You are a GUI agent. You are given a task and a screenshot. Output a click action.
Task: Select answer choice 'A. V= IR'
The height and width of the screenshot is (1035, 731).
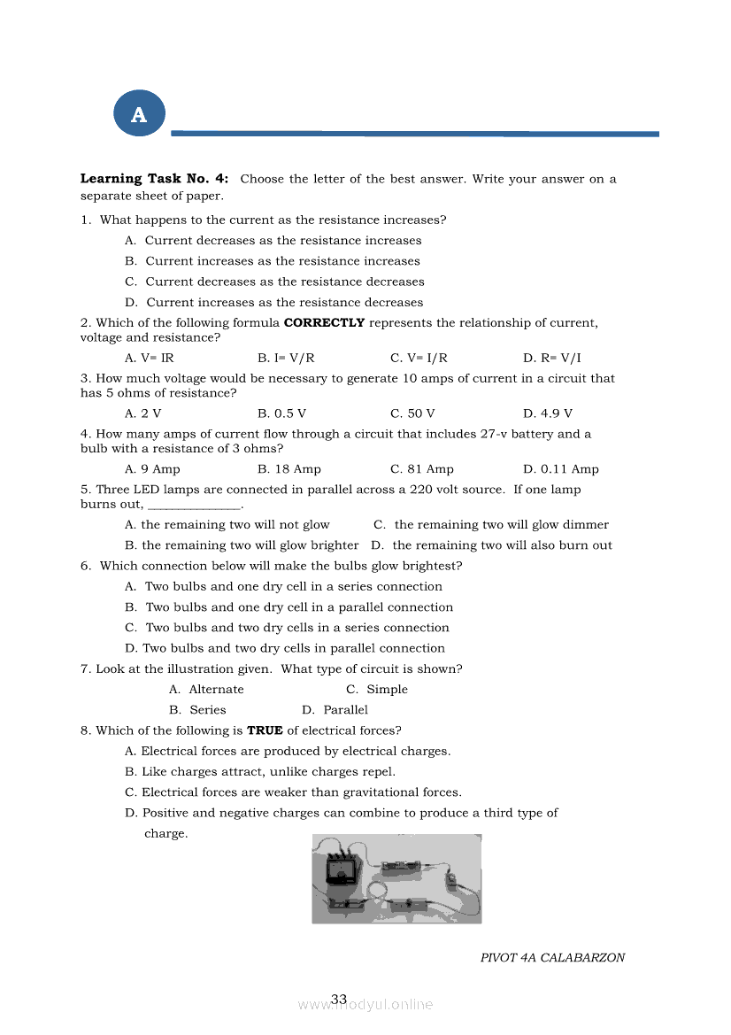[x=150, y=359]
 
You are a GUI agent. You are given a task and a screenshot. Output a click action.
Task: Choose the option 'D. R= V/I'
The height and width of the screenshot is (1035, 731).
[x=552, y=359]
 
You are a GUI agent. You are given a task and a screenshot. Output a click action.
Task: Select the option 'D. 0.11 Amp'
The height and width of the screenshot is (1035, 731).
[x=561, y=469]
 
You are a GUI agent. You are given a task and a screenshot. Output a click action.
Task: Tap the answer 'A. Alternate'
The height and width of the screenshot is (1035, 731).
[x=206, y=690]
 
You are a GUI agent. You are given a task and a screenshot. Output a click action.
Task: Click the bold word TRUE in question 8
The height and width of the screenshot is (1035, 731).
[x=265, y=730]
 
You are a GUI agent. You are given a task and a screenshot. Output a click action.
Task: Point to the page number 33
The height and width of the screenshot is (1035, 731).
[x=339, y=1000]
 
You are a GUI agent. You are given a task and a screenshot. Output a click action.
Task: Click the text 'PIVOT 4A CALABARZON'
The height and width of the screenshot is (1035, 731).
[x=552, y=958]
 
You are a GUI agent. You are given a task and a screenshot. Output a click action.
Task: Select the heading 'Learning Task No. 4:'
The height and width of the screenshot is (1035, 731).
[x=155, y=179]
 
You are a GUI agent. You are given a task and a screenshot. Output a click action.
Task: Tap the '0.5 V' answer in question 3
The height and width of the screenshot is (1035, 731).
[x=282, y=413]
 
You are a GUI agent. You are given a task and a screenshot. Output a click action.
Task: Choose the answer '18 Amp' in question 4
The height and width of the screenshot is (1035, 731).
[x=289, y=469]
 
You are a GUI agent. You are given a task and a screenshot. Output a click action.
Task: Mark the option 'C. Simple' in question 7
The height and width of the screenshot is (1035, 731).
[x=377, y=690]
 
